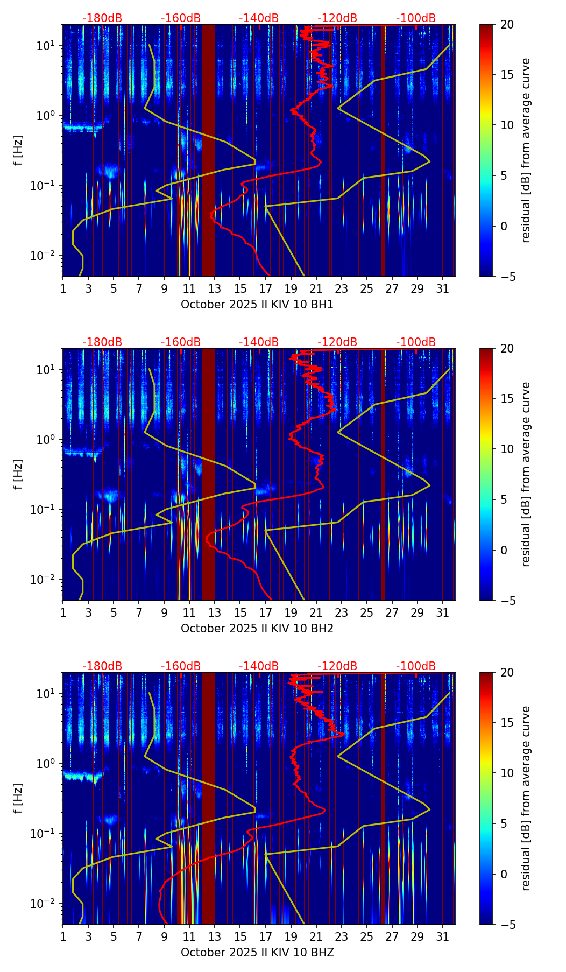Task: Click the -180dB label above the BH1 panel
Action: pyautogui.click(x=102, y=18)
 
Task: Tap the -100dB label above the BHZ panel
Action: pyautogui.click(x=416, y=666)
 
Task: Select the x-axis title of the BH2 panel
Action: pyautogui.click(x=257, y=628)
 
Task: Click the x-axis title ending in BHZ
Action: pyautogui.click(x=257, y=952)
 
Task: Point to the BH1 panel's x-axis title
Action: pyautogui.click(x=257, y=304)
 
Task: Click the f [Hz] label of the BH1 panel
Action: pyautogui.click(x=18, y=150)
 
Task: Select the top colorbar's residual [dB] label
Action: pyautogui.click(x=526, y=150)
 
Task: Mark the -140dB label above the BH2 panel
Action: pyautogui.click(x=259, y=342)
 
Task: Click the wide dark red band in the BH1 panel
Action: pyautogui.click(x=208, y=150)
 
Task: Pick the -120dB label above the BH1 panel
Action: pyautogui.click(x=337, y=18)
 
